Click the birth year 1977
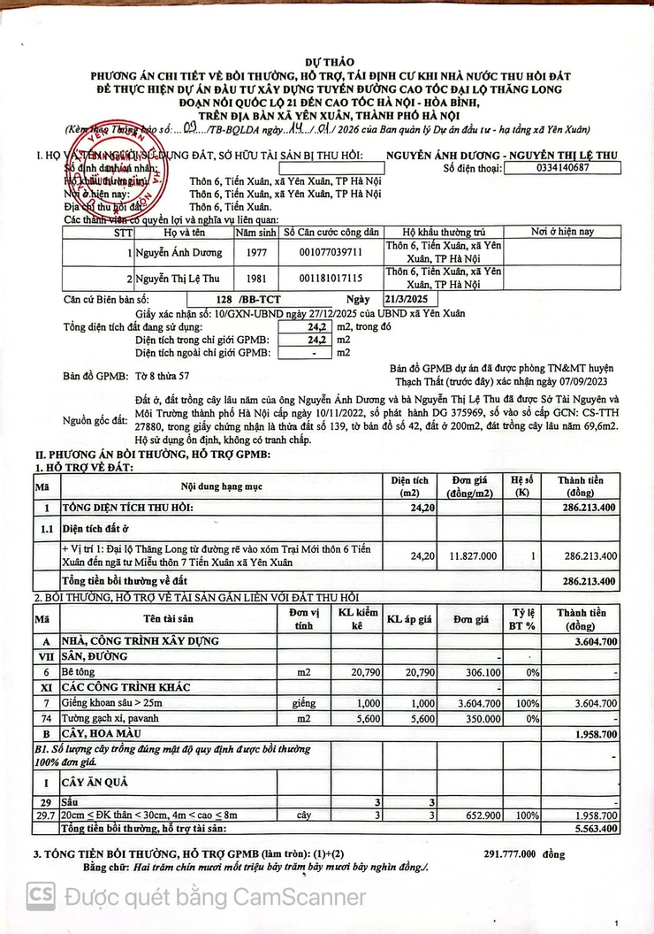tap(255, 253)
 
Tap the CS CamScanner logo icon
tap(40, 896)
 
